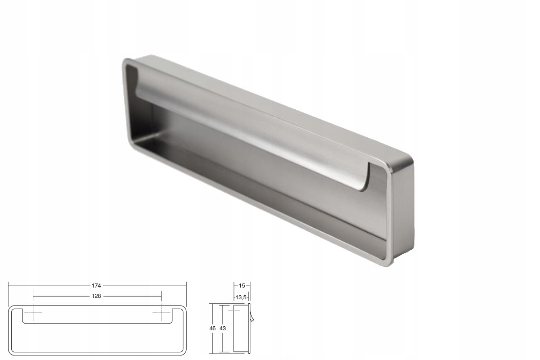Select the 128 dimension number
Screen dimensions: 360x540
click(x=96, y=296)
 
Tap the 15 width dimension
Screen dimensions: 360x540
click(x=242, y=285)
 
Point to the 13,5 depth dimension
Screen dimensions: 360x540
click(x=241, y=297)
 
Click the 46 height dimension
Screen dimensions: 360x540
click(x=212, y=328)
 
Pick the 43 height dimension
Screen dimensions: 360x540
click(x=222, y=328)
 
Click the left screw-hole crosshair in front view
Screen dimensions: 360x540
click(x=33, y=312)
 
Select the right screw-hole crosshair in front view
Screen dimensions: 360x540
click(x=161, y=312)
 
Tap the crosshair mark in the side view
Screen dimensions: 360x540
click(x=234, y=310)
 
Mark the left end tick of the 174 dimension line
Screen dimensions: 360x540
click(x=9, y=285)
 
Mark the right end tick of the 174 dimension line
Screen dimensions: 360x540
click(x=186, y=285)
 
